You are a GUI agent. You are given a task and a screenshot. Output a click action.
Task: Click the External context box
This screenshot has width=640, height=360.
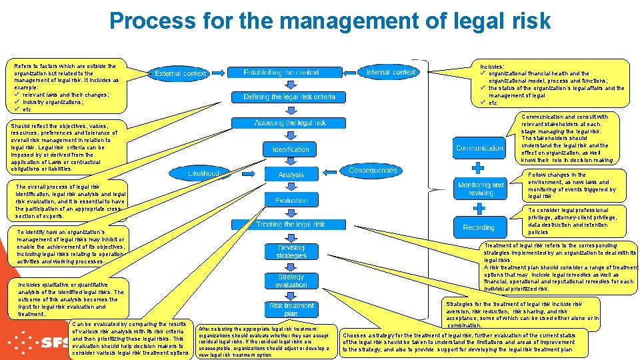[180, 73]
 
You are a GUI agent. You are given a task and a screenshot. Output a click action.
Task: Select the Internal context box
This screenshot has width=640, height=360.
[391, 72]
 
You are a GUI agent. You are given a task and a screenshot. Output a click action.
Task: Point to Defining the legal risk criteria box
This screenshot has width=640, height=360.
[289, 97]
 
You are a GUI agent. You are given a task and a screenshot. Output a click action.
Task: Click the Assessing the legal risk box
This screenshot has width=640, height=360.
[290, 123]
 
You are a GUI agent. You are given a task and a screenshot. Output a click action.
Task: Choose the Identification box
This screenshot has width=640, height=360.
[291, 149]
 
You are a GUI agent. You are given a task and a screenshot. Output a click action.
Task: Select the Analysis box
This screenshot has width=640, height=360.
[291, 175]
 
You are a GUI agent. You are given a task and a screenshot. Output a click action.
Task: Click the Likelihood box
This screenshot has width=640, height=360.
[203, 173]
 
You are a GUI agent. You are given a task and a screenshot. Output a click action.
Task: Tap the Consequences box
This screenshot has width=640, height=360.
[373, 171]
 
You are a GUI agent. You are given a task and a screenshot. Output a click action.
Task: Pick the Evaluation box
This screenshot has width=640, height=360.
[291, 200]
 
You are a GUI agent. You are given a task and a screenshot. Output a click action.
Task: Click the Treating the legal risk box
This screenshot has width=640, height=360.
[290, 225]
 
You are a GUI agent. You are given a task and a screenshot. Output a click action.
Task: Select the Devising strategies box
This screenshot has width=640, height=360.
[291, 251]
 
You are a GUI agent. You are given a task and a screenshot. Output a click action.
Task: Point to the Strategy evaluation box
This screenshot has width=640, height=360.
[291, 281]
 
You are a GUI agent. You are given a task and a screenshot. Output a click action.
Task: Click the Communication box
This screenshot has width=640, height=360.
[479, 148]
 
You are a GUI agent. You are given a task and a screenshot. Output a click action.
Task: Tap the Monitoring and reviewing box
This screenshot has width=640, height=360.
[480, 189]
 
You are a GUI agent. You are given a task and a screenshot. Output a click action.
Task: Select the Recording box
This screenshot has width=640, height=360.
[479, 227]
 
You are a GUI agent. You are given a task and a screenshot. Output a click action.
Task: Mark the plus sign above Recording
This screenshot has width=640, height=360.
[478, 208]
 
